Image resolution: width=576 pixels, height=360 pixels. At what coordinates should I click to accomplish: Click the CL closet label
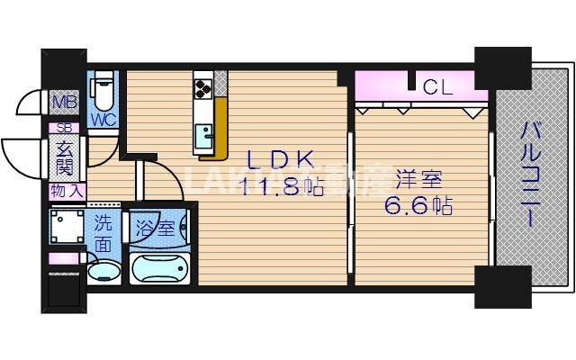point(437,87)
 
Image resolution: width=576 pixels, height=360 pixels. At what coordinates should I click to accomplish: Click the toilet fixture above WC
point(102,90)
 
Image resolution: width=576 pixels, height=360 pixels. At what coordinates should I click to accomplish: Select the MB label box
point(63,102)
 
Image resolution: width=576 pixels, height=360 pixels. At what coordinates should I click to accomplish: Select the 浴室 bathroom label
point(155,228)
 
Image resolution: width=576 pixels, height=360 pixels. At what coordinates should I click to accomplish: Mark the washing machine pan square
point(67,226)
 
